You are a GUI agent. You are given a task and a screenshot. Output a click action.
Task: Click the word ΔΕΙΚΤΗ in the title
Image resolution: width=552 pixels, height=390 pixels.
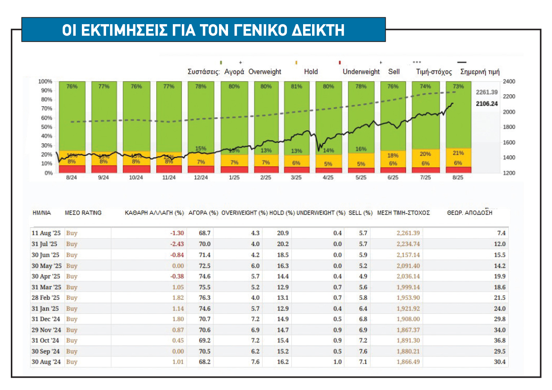(318, 30)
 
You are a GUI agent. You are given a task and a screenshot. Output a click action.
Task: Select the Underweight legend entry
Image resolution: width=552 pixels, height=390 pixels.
(361, 72)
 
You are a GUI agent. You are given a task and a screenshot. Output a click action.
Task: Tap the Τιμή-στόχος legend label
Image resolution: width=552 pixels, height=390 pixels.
(434, 72)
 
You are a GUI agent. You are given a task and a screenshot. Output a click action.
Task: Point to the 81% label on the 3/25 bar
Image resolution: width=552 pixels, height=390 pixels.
(296, 87)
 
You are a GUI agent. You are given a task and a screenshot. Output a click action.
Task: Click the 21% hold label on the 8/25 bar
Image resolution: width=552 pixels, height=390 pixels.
(458, 153)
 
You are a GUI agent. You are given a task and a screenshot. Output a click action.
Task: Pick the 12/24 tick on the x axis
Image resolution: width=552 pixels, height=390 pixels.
(201, 178)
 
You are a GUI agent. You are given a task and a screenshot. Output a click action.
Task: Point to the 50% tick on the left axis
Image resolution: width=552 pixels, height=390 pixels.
(47, 127)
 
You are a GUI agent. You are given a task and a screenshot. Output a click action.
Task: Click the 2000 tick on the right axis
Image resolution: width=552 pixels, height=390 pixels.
(509, 112)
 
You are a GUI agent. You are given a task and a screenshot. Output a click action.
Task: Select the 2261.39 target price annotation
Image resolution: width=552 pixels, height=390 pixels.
(486, 92)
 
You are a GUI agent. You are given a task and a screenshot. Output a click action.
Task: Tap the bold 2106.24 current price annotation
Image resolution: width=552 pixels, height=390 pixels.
(486, 104)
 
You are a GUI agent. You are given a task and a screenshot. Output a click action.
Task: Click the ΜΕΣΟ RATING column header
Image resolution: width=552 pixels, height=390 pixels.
(83, 213)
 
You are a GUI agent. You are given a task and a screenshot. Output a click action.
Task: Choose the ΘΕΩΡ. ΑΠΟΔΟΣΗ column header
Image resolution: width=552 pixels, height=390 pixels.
(469, 213)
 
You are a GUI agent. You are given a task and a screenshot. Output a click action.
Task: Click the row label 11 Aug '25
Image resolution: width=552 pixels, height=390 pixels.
(46, 233)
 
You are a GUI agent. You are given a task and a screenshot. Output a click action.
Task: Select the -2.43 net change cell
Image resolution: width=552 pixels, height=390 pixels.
(177, 244)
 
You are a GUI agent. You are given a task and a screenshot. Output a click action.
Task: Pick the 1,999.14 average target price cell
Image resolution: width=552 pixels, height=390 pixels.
(408, 287)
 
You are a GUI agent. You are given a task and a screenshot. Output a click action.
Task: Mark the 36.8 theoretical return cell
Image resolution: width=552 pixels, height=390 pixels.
(500, 340)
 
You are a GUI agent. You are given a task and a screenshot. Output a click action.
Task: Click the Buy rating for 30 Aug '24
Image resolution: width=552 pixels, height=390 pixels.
(71, 362)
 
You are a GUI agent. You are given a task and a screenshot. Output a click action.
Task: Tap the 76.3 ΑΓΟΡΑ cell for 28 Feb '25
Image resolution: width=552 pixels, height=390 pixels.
(205, 298)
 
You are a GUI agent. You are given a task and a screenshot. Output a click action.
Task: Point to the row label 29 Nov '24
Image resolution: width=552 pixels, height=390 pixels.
(46, 330)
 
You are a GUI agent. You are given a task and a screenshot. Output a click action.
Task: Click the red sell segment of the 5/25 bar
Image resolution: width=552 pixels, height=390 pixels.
(361, 170)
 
